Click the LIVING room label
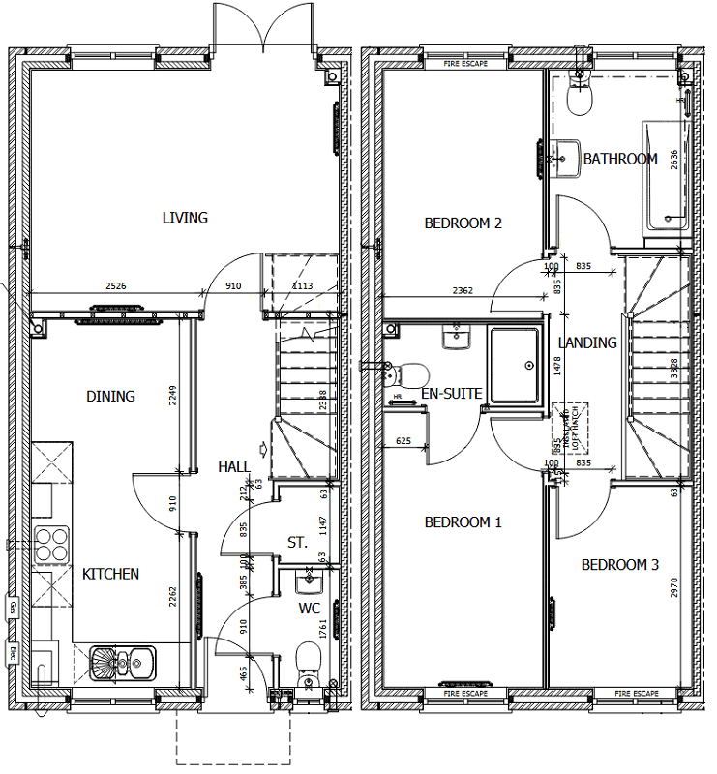(185, 218)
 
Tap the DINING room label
(111, 396)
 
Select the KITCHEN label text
(110, 574)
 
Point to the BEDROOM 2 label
(463, 223)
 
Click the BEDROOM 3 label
(619, 565)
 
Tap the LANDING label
(587, 342)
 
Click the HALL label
(234, 466)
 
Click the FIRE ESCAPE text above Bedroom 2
(464, 64)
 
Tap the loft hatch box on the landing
(567, 426)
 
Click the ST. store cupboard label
(297, 544)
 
